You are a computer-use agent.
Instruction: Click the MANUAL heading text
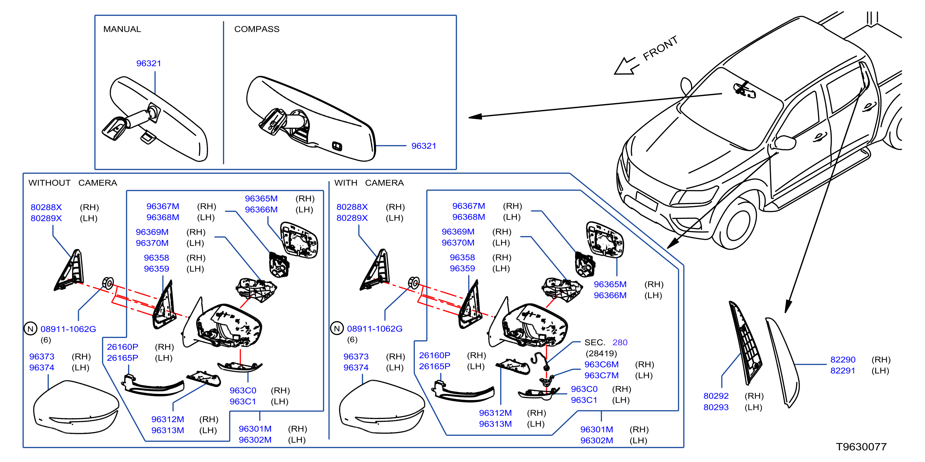[122, 29]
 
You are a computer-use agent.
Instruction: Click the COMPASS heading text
[257, 29]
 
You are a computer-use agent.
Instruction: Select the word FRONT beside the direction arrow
[660, 48]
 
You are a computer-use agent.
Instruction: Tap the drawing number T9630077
[861, 446]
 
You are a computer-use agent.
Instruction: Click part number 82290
[843, 360]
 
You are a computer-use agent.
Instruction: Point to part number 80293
[716, 407]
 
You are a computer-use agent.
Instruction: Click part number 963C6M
[601, 364]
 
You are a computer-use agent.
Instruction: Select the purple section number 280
[620, 342]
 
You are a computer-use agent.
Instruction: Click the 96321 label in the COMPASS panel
[424, 146]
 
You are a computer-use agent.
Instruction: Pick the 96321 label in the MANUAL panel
[149, 63]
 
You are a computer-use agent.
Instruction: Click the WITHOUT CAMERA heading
[73, 183]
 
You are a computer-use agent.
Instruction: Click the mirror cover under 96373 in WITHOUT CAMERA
[76, 406]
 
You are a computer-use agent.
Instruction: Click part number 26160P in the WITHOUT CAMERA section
[122, 346]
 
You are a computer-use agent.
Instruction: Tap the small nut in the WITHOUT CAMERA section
[108, 283]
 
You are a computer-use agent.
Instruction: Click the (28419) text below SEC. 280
[601, 353]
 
